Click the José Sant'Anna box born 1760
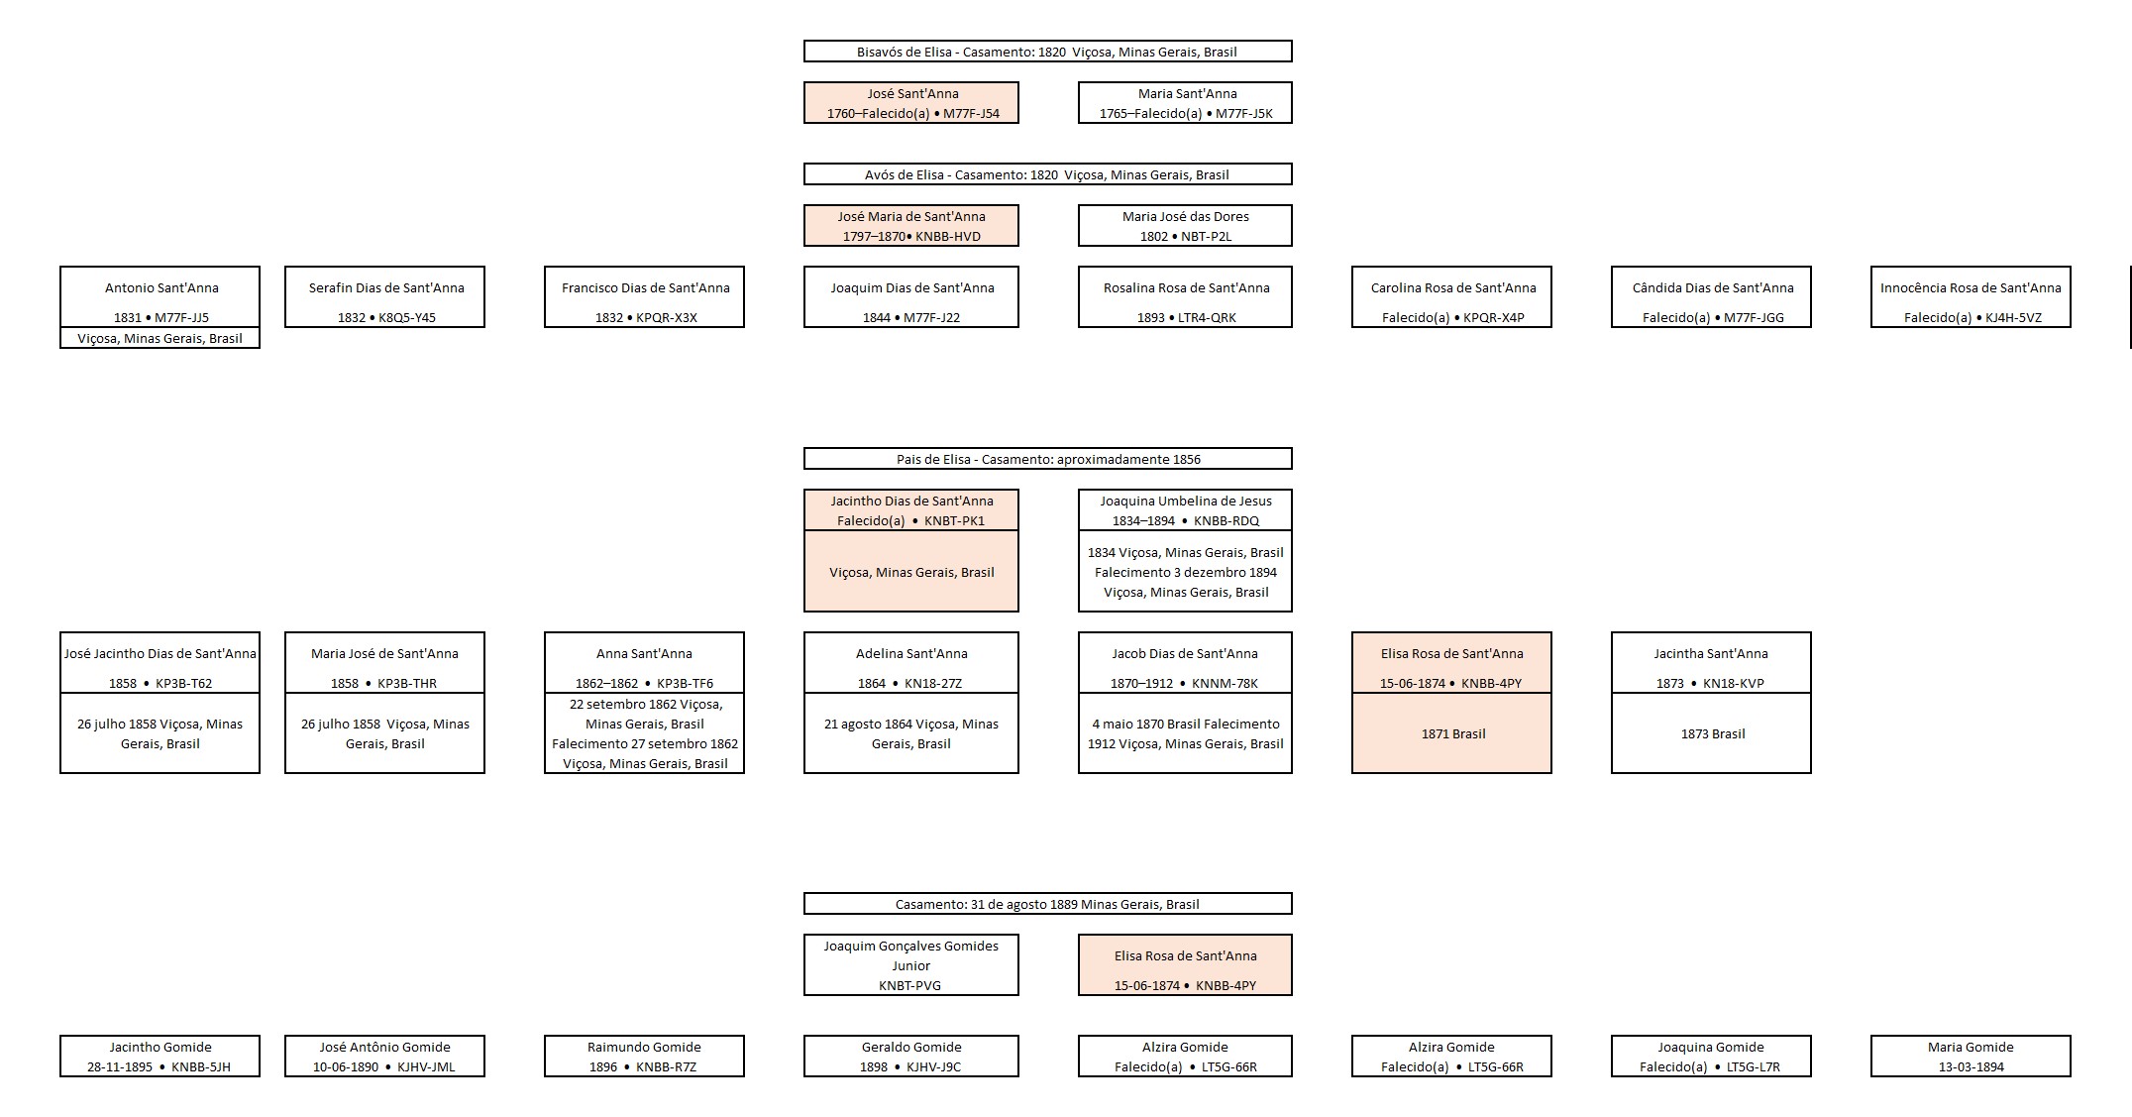pos(910,103)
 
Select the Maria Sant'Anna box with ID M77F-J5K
pos(1185,103)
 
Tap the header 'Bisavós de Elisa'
pos(1047,52)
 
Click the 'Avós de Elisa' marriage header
pos(1047,174)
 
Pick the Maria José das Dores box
pos(1185,226)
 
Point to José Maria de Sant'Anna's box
pos(910,226)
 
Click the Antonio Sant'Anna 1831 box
pos(160,297)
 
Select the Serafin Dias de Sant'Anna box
pos(384,297)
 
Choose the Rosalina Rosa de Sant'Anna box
pos(1185,297)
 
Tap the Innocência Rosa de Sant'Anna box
pos(1971,297)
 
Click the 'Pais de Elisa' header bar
pos(1047,459)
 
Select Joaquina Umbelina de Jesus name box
pos(1185,510)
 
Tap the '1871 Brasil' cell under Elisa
pos(1451,734)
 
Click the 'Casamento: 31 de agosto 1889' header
pos(1047,904)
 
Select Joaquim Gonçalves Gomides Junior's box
pos(910,965)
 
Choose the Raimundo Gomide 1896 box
pos(644,1057)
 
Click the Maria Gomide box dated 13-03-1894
pos(1971,1057)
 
